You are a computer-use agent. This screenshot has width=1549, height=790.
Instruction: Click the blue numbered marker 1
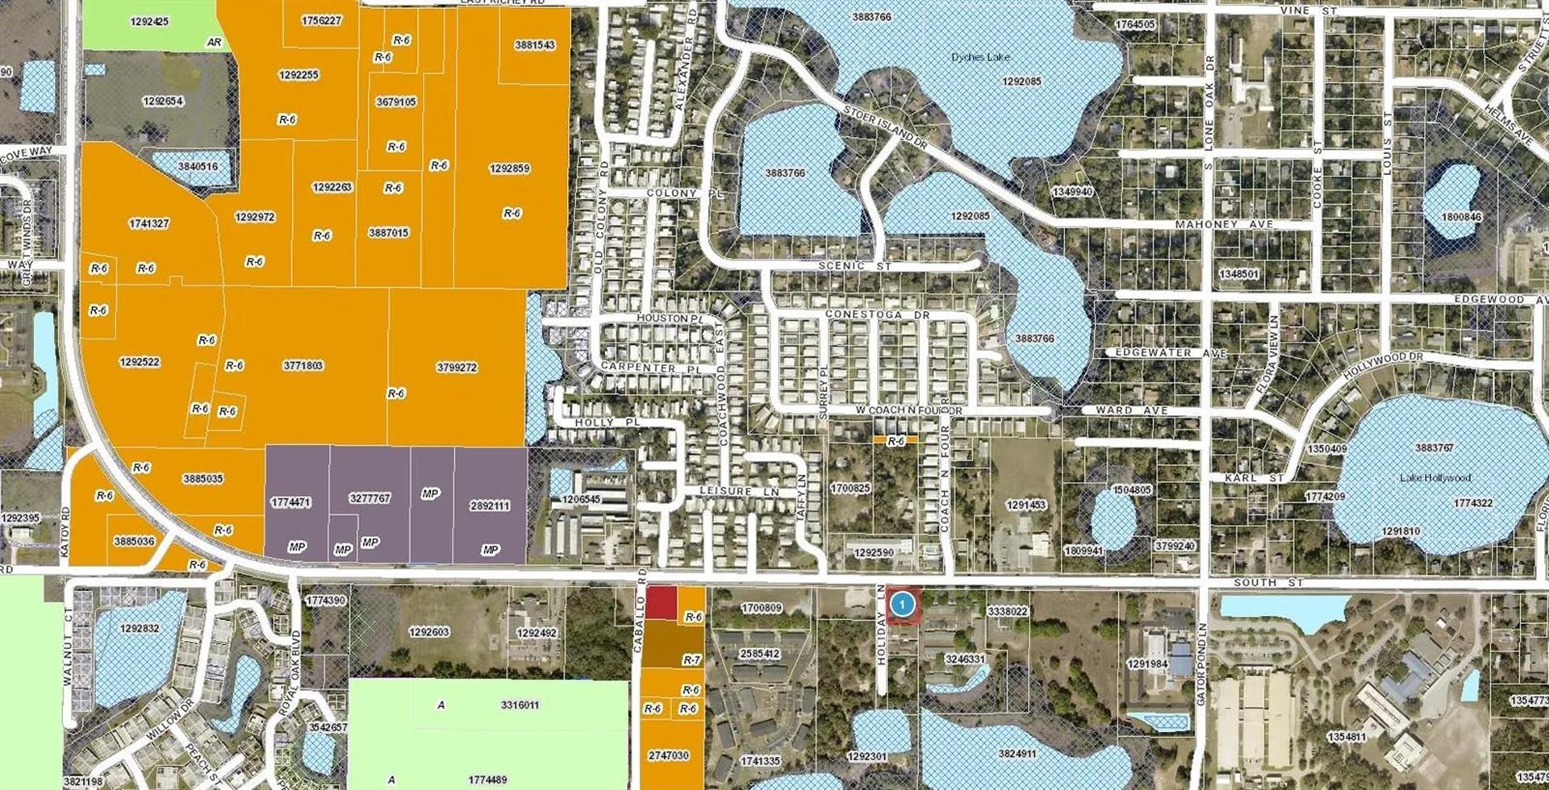coord(903,604)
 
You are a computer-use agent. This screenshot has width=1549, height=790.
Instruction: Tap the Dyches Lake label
coord(980,57)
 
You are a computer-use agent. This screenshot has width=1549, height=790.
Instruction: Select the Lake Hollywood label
coord(1435,478)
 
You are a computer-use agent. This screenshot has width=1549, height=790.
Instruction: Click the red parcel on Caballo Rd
coord(662,603)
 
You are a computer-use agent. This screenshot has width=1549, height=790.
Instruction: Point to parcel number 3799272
coord(457,368)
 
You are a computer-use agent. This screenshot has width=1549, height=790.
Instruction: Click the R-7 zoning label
coord(691,660)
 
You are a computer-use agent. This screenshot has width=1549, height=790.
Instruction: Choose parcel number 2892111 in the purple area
coord(489,506)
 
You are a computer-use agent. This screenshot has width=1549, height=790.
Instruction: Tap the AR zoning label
coord(214,42)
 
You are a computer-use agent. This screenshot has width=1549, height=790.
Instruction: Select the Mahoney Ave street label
coord(1224,224)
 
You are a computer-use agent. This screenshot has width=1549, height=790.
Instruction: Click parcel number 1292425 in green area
coord(149,22)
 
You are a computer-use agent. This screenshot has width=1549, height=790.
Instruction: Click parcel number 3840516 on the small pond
coord(198,167)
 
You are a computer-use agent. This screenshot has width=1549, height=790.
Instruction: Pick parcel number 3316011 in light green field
coord(520,705)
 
